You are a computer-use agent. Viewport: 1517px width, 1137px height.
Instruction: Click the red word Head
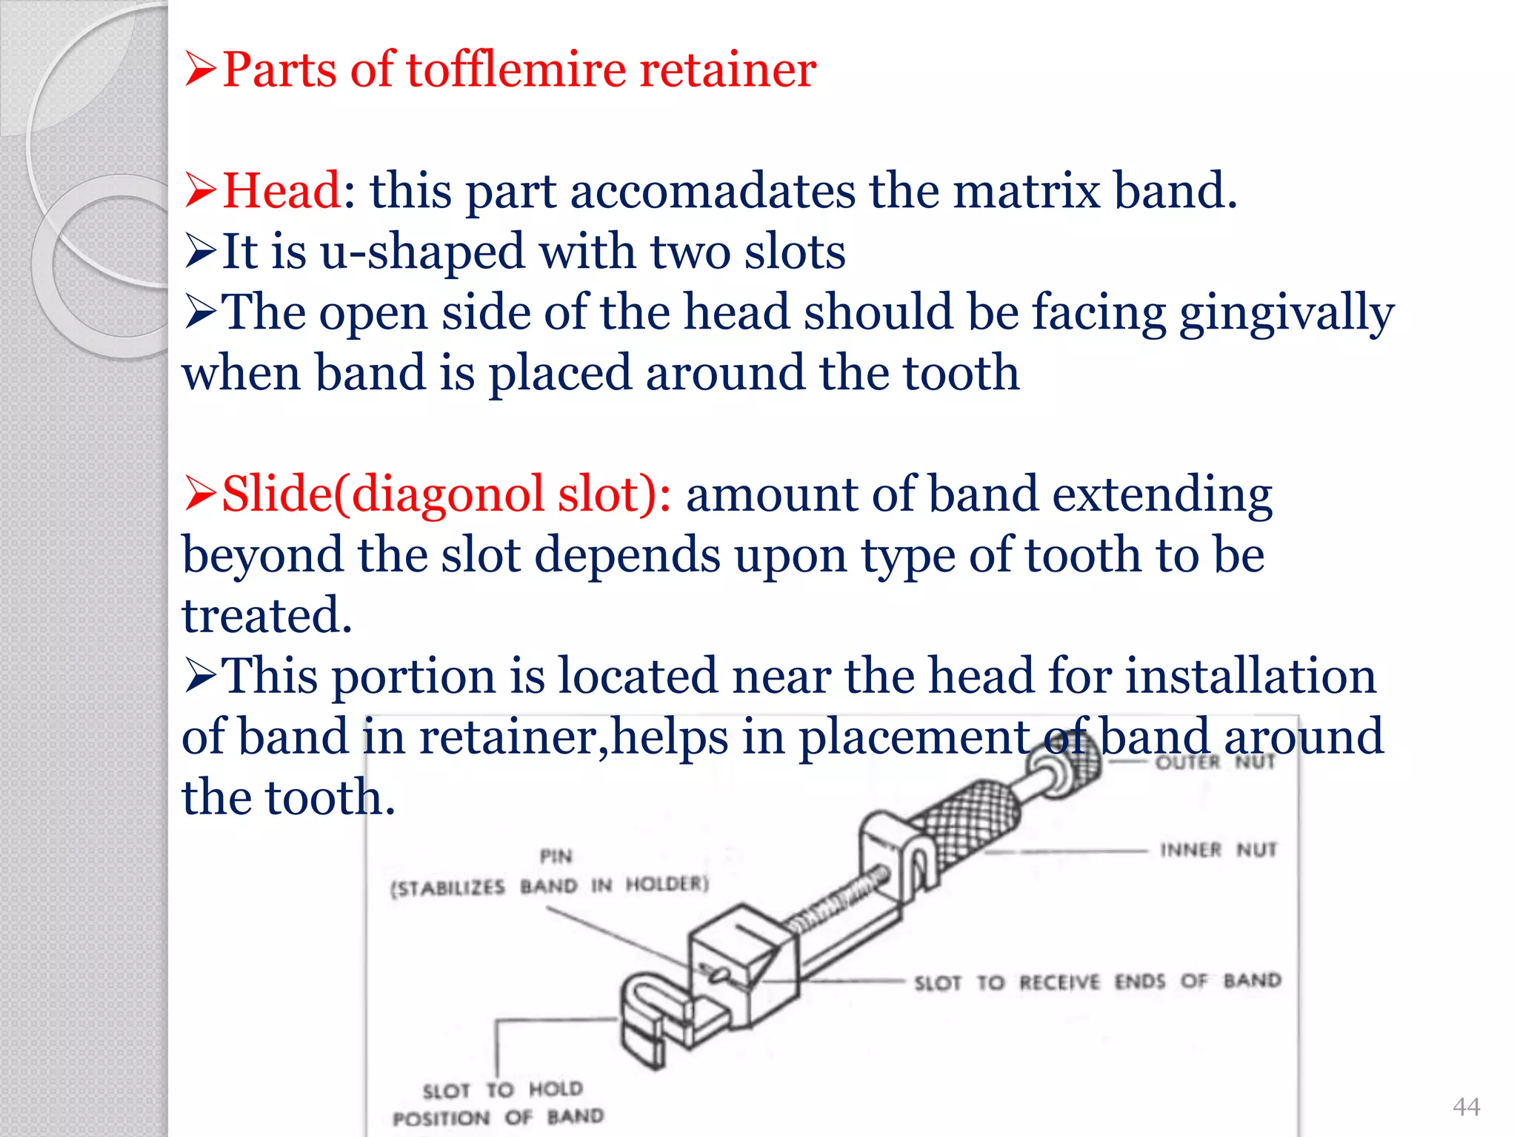(x=281, y=191)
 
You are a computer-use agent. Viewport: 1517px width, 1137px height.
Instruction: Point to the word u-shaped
(x=423, y=252)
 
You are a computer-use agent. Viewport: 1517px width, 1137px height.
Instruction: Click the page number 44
(x=1466, y=1107)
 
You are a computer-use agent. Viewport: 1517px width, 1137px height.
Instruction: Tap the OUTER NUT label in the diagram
(x=1215, y=762)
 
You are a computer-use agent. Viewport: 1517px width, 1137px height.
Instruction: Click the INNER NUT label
(x=1218, y=850)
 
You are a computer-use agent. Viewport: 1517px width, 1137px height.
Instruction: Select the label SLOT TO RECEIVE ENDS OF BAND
(x=1097, y=982)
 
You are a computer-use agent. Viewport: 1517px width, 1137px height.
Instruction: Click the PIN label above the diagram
(x=556, y=856)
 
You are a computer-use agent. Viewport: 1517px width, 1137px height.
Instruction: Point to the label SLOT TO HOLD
(x=502, y=1090)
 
